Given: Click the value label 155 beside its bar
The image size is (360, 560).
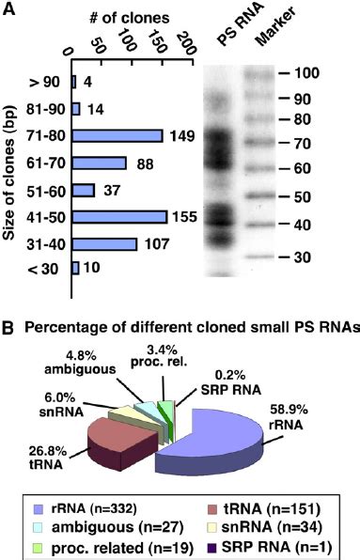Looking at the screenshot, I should coord(184,217).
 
